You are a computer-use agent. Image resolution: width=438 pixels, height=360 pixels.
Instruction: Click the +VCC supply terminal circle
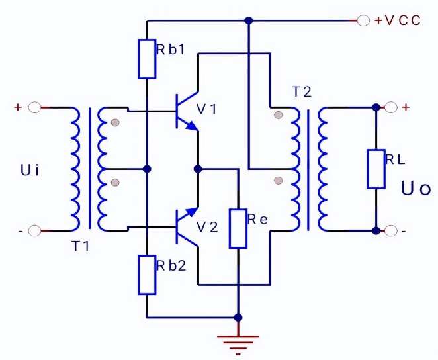tap(363, 21)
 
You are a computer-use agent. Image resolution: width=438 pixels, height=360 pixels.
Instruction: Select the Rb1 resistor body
tap(147, 59)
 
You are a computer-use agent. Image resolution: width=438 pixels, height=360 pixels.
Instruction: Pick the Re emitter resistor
tap(238, 228)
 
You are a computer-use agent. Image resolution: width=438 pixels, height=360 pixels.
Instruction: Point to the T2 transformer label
tap(301, 93)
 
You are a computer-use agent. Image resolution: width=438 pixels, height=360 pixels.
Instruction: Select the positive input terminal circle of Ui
tap(36, 107)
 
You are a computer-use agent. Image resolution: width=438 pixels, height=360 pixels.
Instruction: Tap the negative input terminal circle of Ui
tap(36, 231)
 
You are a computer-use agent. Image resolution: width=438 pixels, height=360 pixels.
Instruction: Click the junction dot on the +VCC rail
tap(249, 21)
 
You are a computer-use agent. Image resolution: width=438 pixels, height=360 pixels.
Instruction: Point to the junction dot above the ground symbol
tap(238, 317)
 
